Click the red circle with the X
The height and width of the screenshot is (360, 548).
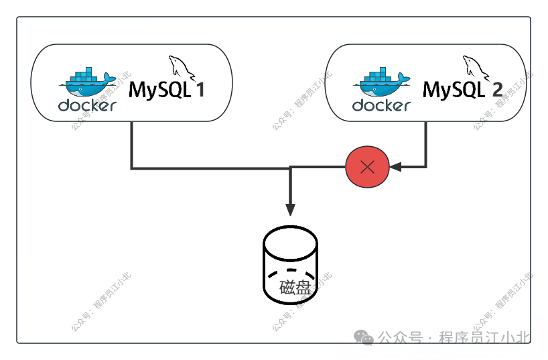pyautogui.click(x=367, y=166)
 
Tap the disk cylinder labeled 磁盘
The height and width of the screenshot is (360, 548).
pyautogui.click(x=290, y=265)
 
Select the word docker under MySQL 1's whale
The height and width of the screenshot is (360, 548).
pyautogui.click(x=87, y=105)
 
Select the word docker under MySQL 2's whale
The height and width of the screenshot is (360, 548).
pyautogui.click(x=381, y=105)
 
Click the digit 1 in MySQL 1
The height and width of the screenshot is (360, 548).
pyautogui.click(x=200, y=90)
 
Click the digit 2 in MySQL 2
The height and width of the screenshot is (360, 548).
pyautogui.click(x=497, y=90)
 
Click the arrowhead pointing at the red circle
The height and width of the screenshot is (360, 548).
pyautogui.click(x=395, y=166)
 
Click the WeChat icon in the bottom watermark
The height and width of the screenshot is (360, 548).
pyautogui.click(x=364, y=337)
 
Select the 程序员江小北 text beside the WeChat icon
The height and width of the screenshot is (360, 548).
pyautogui.click(x=483, y=337)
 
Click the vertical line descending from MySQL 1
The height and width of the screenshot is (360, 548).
pyautogui.click(x=131, y=144)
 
